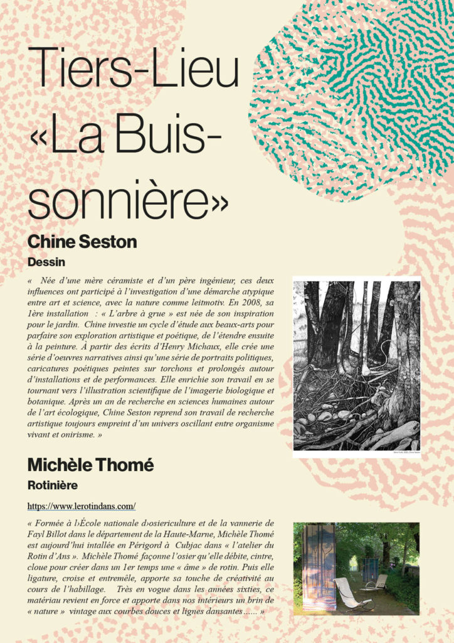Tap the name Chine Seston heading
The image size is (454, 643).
coord(82,242)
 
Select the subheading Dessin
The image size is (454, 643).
coord(46,260)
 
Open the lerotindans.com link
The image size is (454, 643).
coord(82,505)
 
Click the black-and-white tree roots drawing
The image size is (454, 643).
coord(356,365)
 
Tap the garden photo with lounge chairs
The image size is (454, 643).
coord(356,568)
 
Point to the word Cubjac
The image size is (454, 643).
coord(190,544)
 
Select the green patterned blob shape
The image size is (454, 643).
coord(354,94)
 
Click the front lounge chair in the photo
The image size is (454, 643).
coord(351,593)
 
